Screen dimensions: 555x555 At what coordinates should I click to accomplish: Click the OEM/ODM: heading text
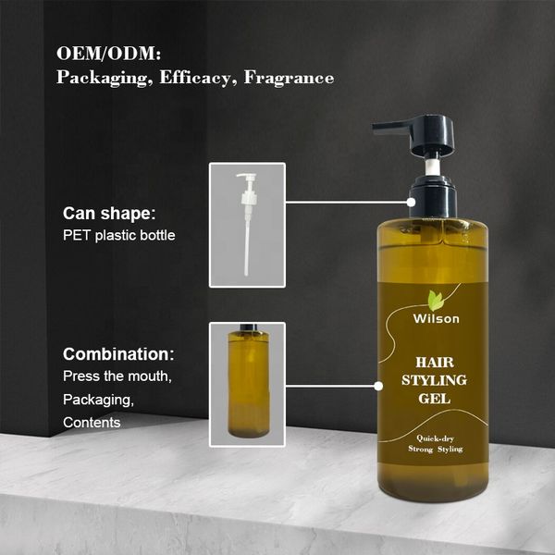(x=108, y=54)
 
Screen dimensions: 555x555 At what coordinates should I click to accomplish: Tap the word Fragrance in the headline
(x=289, y=78)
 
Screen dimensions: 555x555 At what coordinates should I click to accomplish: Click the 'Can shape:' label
(x=109, y=214)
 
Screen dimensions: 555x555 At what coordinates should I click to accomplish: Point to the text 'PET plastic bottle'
(x=119, y=235)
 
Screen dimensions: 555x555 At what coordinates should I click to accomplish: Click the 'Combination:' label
(x=118, y=354)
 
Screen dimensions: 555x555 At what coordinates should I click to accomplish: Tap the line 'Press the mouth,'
(x=117, y=376)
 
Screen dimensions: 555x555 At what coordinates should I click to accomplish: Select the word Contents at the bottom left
(x=92, y=423)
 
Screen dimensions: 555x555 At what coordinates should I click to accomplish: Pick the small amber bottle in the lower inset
(x=248, y=381)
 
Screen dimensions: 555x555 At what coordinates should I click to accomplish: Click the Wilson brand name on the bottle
(x=436, y=318)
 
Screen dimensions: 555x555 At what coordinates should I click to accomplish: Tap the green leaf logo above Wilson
(x=435, y=300)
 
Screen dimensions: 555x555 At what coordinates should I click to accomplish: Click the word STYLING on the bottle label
(x=434, y=380)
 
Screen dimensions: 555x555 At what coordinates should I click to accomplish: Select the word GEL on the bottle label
(x=434, y=399)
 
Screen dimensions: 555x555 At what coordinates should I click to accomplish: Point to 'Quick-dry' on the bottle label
(x=435, y=438)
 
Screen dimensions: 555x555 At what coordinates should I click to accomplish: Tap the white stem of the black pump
(x=432, y=167)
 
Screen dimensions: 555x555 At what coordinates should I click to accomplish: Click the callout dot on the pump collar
(x=411, y=202)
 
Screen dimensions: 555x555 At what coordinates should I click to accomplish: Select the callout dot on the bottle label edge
(x=378, y=386)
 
